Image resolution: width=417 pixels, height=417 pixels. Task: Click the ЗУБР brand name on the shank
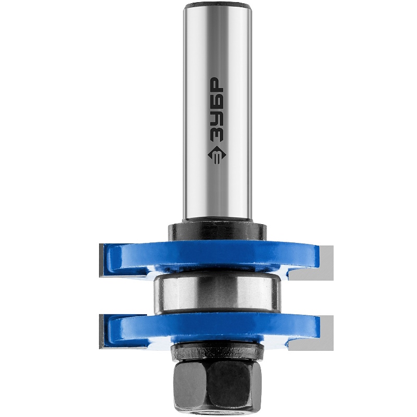(x=216, y=109)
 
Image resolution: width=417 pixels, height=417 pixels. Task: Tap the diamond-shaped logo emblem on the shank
(x=217, y=155)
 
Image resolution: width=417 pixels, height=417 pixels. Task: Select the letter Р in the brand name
(x=216, y=84)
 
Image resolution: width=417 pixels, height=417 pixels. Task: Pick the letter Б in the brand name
(x=216, y=100)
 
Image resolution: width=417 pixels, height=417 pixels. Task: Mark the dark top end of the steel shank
(x=217, y=5)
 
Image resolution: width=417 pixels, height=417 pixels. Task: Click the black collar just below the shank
(x=217, y=232)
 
